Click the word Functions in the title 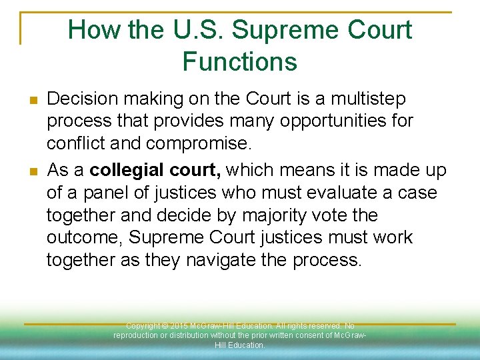[x=239, y=61]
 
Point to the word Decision [x=79, y=99]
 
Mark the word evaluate [x=347, y=193]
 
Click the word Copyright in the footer [x=143, y=326]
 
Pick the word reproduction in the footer [x=137, y=335]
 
